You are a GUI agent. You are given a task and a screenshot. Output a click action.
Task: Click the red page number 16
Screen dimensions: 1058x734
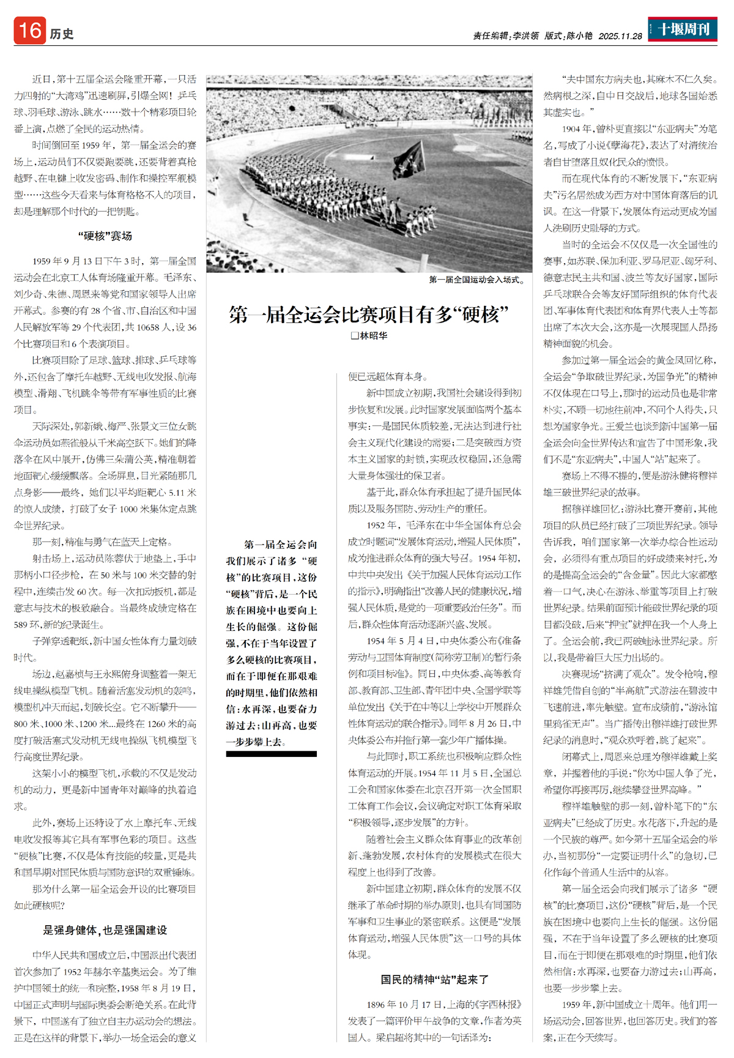click(29, 31)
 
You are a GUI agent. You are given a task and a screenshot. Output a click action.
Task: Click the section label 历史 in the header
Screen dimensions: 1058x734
click(62, 34)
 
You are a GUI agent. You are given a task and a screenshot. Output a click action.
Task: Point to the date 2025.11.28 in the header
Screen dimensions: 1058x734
click(620, 36)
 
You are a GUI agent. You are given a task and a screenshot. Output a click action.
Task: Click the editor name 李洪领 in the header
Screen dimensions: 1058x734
click(525, 36)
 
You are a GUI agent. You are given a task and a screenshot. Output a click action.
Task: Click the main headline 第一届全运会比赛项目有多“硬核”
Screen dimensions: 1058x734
click(369, 315)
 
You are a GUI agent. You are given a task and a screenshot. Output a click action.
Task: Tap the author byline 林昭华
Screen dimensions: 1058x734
click(373, 335)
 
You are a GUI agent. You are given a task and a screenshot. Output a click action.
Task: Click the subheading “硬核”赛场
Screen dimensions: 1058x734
click(105, 236)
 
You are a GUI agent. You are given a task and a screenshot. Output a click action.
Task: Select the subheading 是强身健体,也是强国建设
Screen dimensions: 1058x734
click(105, 930)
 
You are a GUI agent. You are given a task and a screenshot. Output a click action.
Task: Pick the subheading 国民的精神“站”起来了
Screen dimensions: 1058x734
click(434, 980)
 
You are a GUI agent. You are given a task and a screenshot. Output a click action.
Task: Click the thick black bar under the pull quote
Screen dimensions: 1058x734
click(271, 754)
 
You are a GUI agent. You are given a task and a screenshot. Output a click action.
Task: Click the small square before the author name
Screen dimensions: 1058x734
click(354, 335)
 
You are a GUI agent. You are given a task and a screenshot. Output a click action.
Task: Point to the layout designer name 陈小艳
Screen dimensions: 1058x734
click(579, 36)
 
